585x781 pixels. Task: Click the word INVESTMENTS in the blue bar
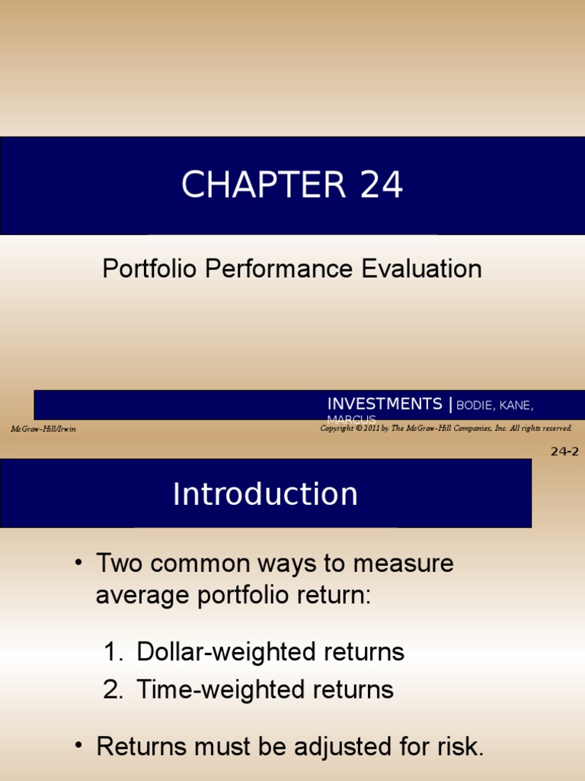pos(385,403)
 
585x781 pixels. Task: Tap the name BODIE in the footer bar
pos(475,404)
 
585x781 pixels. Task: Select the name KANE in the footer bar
pos(516,404)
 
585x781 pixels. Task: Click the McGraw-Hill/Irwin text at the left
pos(43,429)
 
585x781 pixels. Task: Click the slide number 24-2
pos(564,451)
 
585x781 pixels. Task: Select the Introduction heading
pos(265,494)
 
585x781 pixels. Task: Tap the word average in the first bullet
pos(142,595)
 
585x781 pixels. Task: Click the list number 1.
pos(112,652)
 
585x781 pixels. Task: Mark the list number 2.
pos(113,690)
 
